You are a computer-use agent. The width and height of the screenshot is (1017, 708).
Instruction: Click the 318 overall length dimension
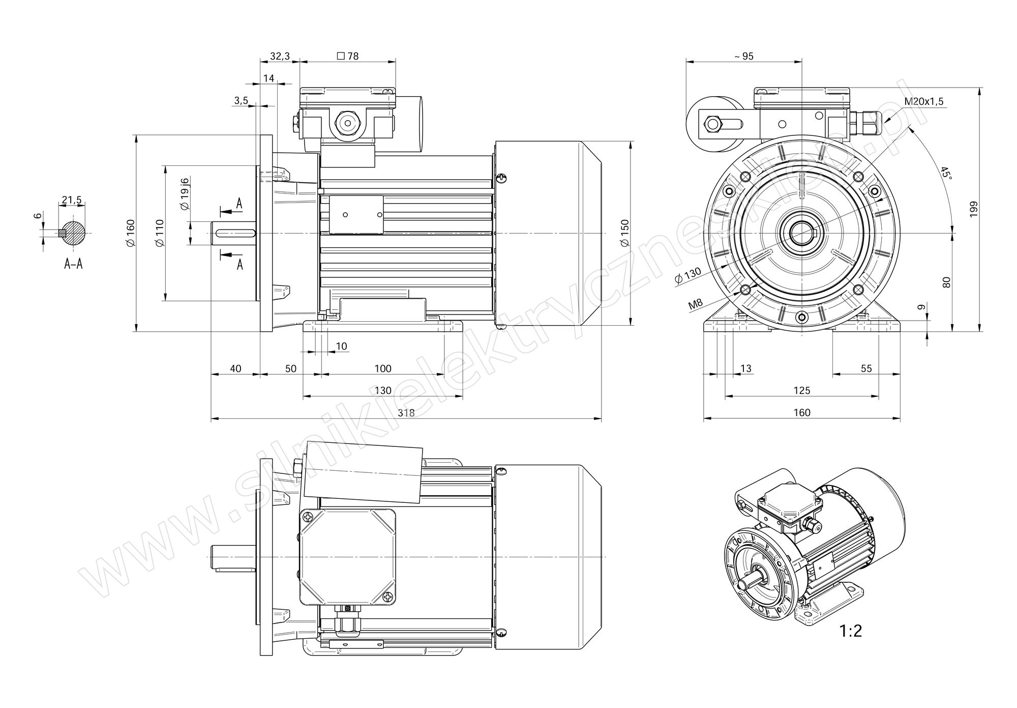tap(406, 413)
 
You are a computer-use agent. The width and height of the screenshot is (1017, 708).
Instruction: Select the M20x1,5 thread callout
tap(923, 101)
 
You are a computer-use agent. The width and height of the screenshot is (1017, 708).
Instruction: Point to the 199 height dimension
tap(973, 209)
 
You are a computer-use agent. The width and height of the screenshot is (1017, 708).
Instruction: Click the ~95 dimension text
tap(744, 56)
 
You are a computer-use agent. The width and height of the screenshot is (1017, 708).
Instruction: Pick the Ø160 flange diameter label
tap(130, 233)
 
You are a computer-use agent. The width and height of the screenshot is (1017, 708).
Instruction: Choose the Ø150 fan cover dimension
tap(624, 233)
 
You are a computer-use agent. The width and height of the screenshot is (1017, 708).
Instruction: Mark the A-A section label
tap(73, 264)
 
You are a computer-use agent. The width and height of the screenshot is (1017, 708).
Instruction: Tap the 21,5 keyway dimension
tap(72, 201)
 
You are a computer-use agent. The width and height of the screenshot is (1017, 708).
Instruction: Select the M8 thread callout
tap(695, 305)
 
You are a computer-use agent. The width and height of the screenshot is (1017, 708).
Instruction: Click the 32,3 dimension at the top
tap(280, 56)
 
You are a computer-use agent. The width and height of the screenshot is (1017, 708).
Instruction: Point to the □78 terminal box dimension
tap(348, 56)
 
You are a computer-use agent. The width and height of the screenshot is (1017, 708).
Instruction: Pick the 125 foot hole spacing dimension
tap(801, 390)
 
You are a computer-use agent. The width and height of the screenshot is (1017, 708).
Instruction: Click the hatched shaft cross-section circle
tap(74, 233)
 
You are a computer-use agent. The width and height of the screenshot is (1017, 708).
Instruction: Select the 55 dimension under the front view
tap(866, 369)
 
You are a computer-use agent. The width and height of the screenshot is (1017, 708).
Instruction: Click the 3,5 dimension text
tap(241, 100)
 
